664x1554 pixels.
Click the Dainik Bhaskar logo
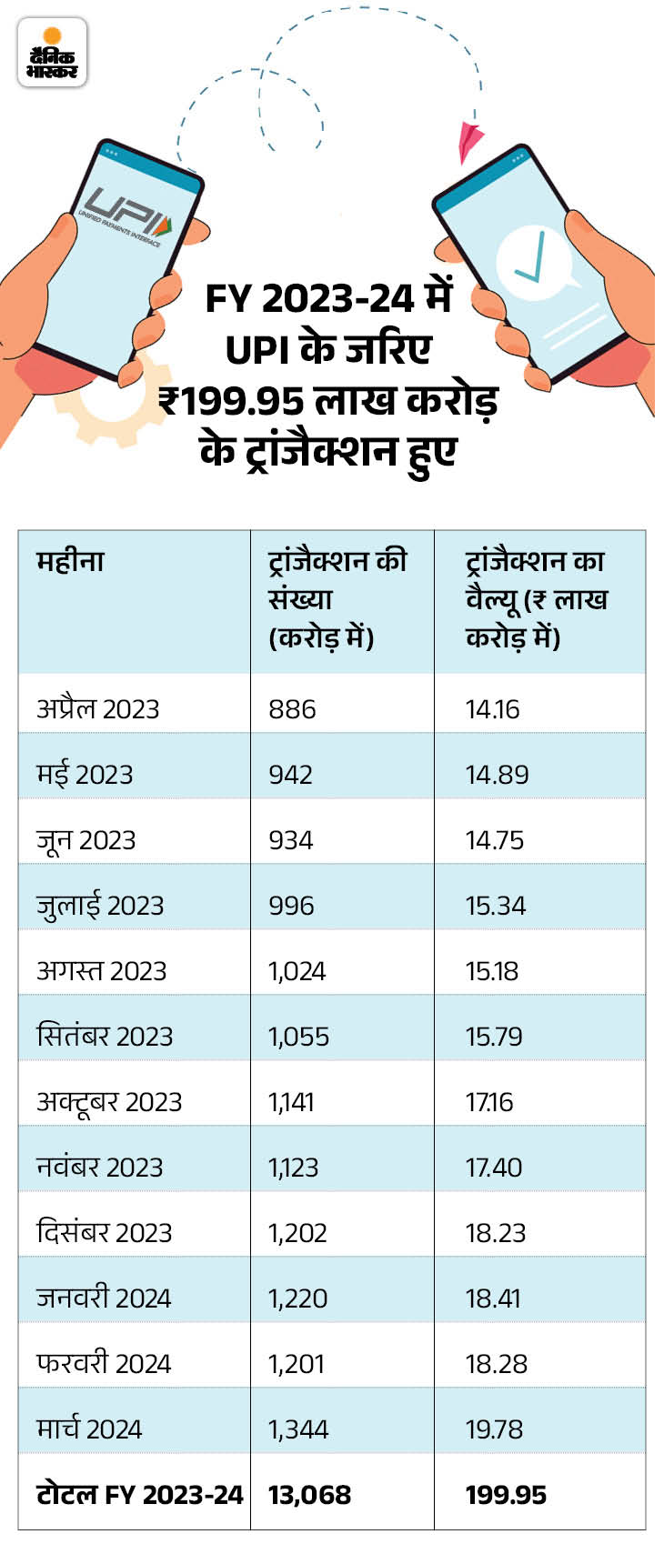tap(52, 53)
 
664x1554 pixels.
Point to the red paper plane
tap(470, 142)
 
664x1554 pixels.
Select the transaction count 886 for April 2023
tap(292, 709)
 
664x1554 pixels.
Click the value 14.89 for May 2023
tap(497, 775)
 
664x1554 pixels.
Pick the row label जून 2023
tap(86, 840)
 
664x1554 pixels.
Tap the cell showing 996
tap(291, 906)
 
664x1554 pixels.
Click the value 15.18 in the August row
tap(492, 971)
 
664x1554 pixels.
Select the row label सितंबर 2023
tap(105, 1037)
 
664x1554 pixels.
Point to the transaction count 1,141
tap(291, 1102)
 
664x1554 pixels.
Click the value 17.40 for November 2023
tap(494, 1168)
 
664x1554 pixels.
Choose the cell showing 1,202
tap(297, 1233)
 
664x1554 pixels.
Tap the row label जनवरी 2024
tap(104, 1298)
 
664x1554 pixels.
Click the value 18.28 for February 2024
tap(497, 1364)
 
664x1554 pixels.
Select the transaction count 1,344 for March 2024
tap(298, 1429)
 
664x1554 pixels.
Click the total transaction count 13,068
tap(309, 1495)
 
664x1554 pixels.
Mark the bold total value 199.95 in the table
tap(506, 1495)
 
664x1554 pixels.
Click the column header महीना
tap(70, 561)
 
